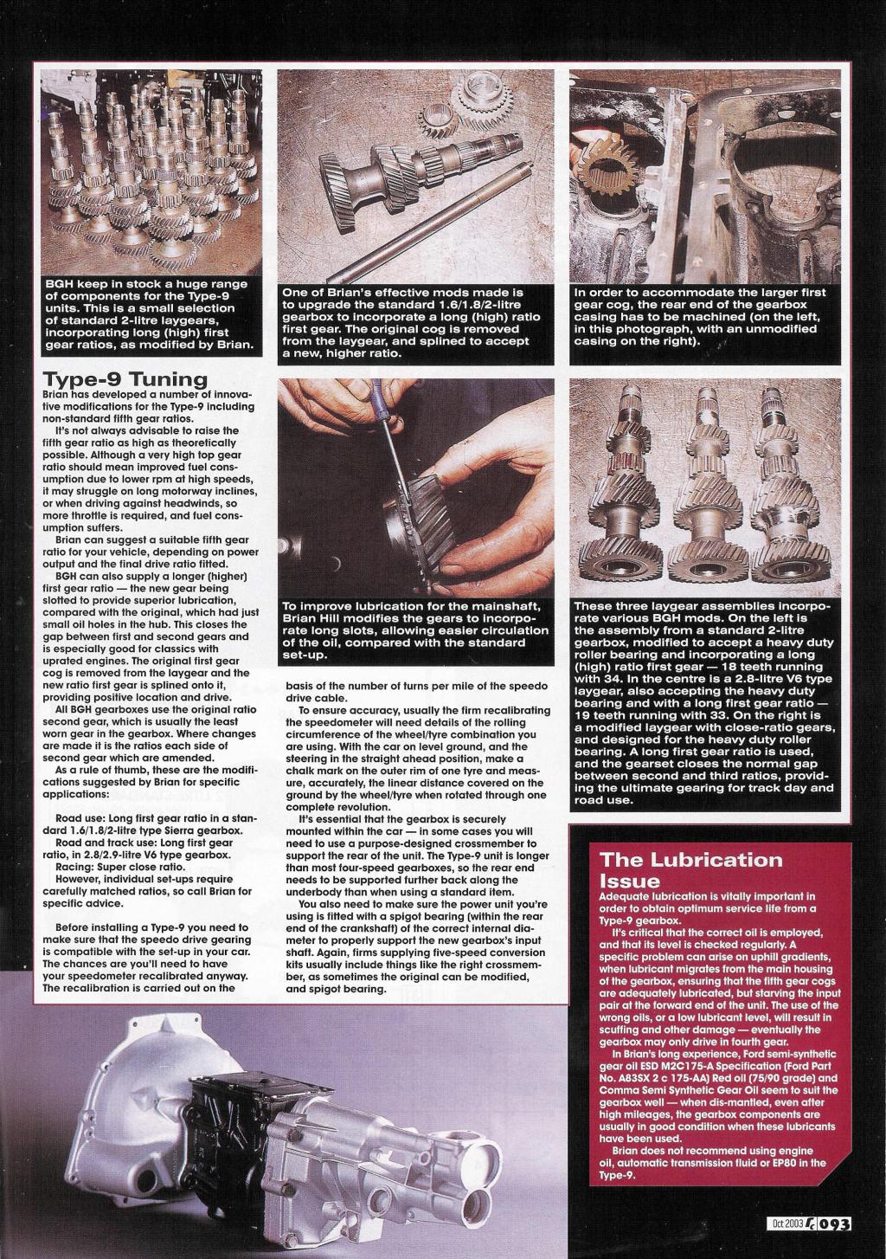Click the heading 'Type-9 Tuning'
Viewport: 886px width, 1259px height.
[125, 379]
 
